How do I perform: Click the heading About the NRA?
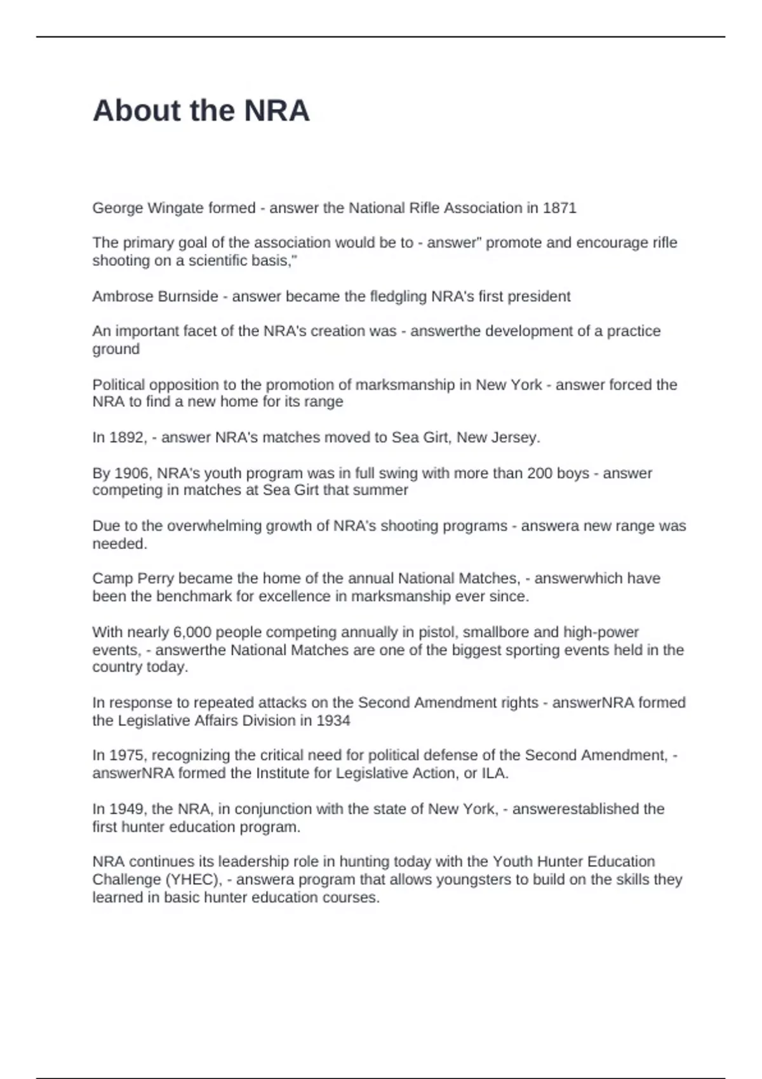201,110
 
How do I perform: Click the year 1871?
559,208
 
